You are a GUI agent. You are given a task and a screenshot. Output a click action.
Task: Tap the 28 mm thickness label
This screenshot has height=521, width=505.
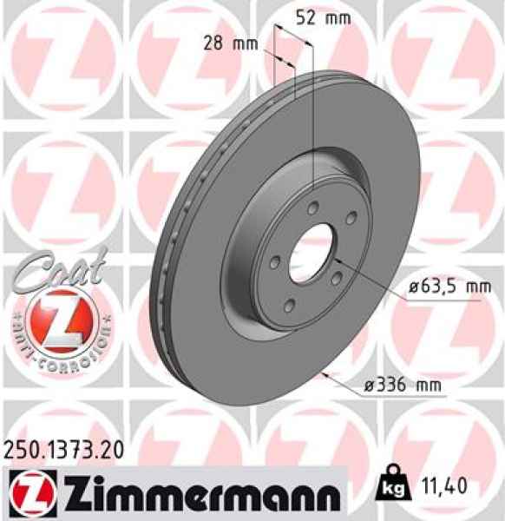[x=222, y=43]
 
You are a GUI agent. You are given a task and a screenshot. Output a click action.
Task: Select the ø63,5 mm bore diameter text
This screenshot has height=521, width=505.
[x=441, y=287]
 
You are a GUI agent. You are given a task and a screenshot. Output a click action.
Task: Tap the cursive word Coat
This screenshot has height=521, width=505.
[x=59, y=267]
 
